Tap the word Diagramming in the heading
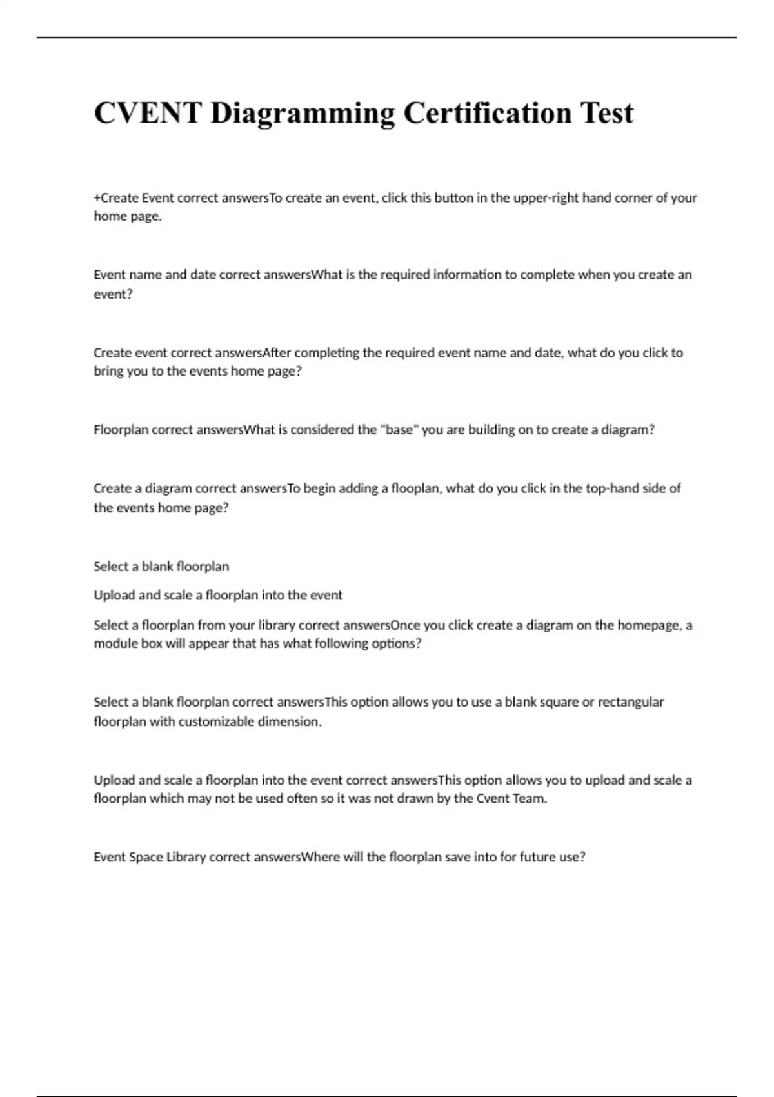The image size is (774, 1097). pyautogui.click(x=303, y=113)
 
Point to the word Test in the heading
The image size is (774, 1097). pyautogui.click(x=606, y=113)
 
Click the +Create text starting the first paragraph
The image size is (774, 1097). pyautogui.click(x=115, y=197)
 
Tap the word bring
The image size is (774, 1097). pyautogui.click(x=108, y=371)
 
